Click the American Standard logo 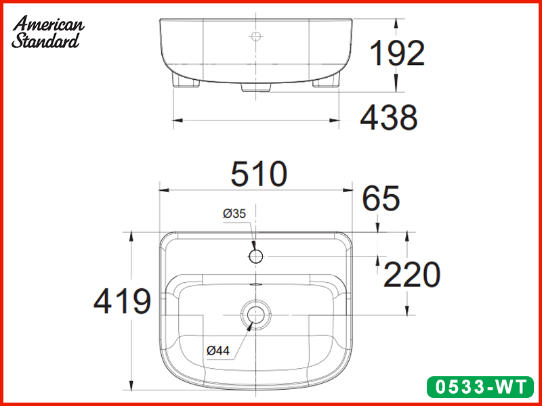click(47, 32)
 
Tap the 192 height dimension click(396, 53)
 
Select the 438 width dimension click(388, 118)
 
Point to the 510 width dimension click(259, 175)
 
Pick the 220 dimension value click(412, 275)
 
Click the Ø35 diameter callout click(234, 214)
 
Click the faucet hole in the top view click(256, 256)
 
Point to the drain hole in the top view click(255, 313)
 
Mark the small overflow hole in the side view click(256, 35)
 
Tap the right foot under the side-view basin click(326, 83)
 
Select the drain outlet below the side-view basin click(256, 88)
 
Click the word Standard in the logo click(45, 41)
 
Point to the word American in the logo click(49, 24)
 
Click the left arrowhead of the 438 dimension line click(178, 120)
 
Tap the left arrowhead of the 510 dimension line click(163, 190)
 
